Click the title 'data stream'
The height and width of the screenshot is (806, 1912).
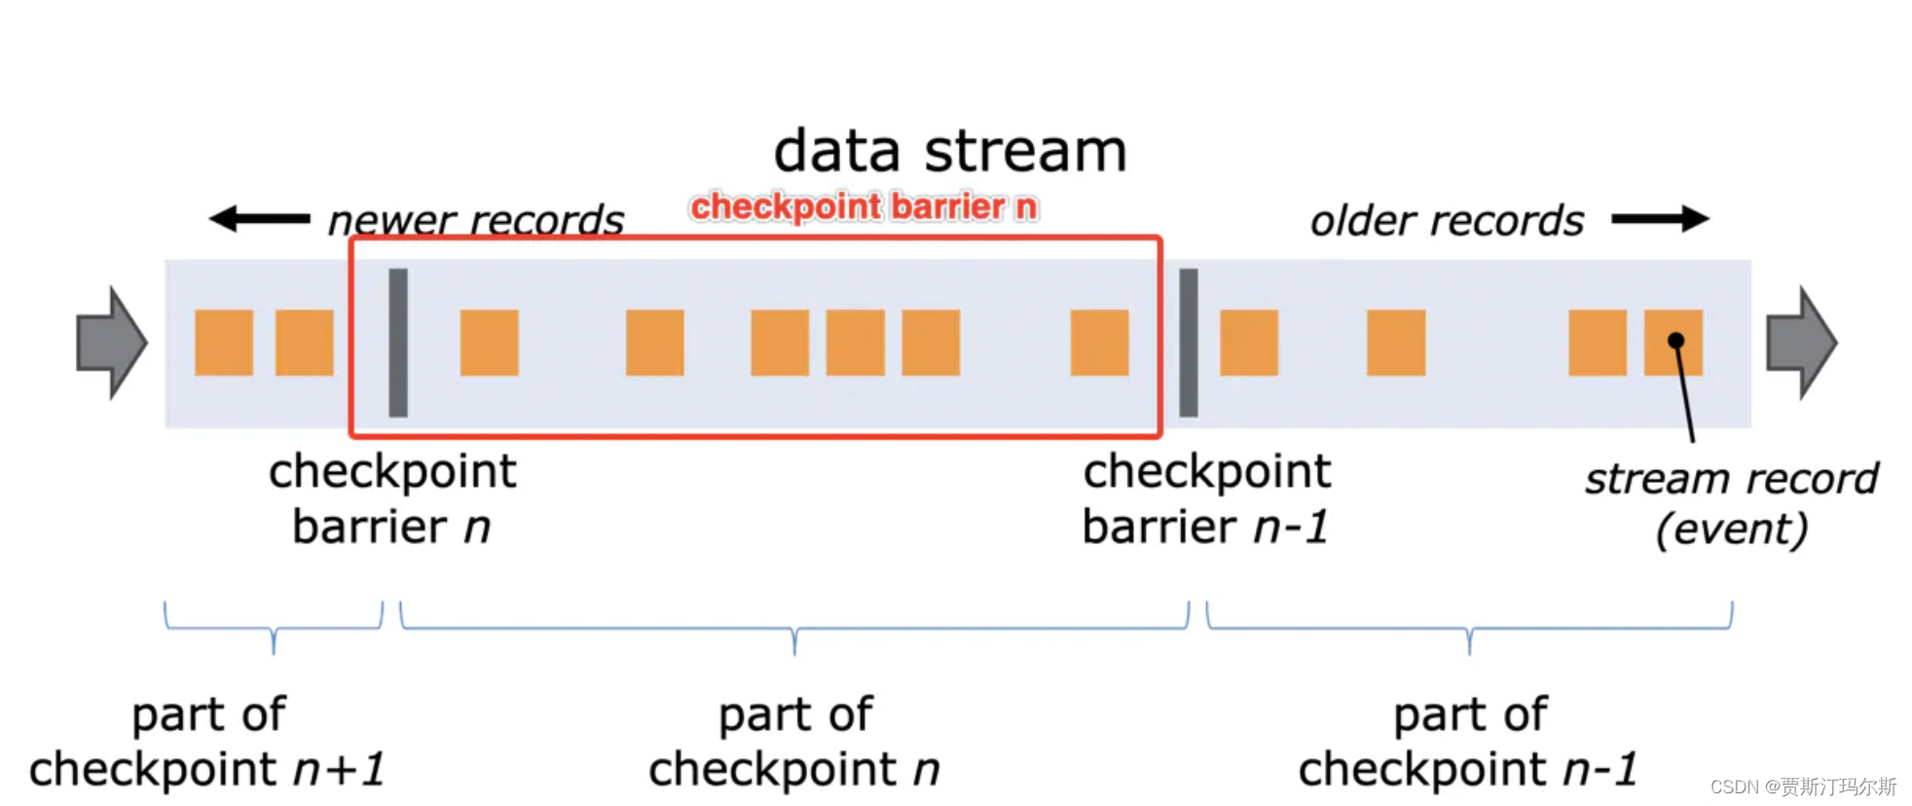click(950, 153)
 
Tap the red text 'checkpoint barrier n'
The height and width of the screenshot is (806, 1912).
click(864, 207)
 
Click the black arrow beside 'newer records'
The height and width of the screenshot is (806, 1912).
click(259, 219)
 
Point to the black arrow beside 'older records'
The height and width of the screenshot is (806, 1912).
click(1660, 219)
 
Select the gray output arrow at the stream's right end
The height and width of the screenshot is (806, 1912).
click(1801, 343)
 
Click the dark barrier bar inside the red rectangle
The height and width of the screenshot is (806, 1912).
click(398, 343)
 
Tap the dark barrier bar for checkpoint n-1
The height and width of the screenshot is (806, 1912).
click(1189, 343)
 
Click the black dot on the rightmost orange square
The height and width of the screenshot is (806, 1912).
click(1675, 341)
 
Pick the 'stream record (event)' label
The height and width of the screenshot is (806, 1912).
click(1731, 504)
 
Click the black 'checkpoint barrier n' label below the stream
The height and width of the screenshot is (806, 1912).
click(392, 499)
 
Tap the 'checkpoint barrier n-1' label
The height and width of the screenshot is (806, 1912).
click(1206, 499)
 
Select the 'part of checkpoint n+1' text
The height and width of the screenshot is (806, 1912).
click(207, 742)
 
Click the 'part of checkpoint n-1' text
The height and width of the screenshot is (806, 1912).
click(1468, 742)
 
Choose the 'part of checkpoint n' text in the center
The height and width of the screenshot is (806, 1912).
click(794, 742)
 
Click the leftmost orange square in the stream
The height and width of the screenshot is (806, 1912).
click(224, 343)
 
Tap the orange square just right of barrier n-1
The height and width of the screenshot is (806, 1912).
click(1248, 343)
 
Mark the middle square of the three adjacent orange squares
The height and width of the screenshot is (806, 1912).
click(855, 343)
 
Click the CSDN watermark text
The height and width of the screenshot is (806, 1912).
click(1802, 787)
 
